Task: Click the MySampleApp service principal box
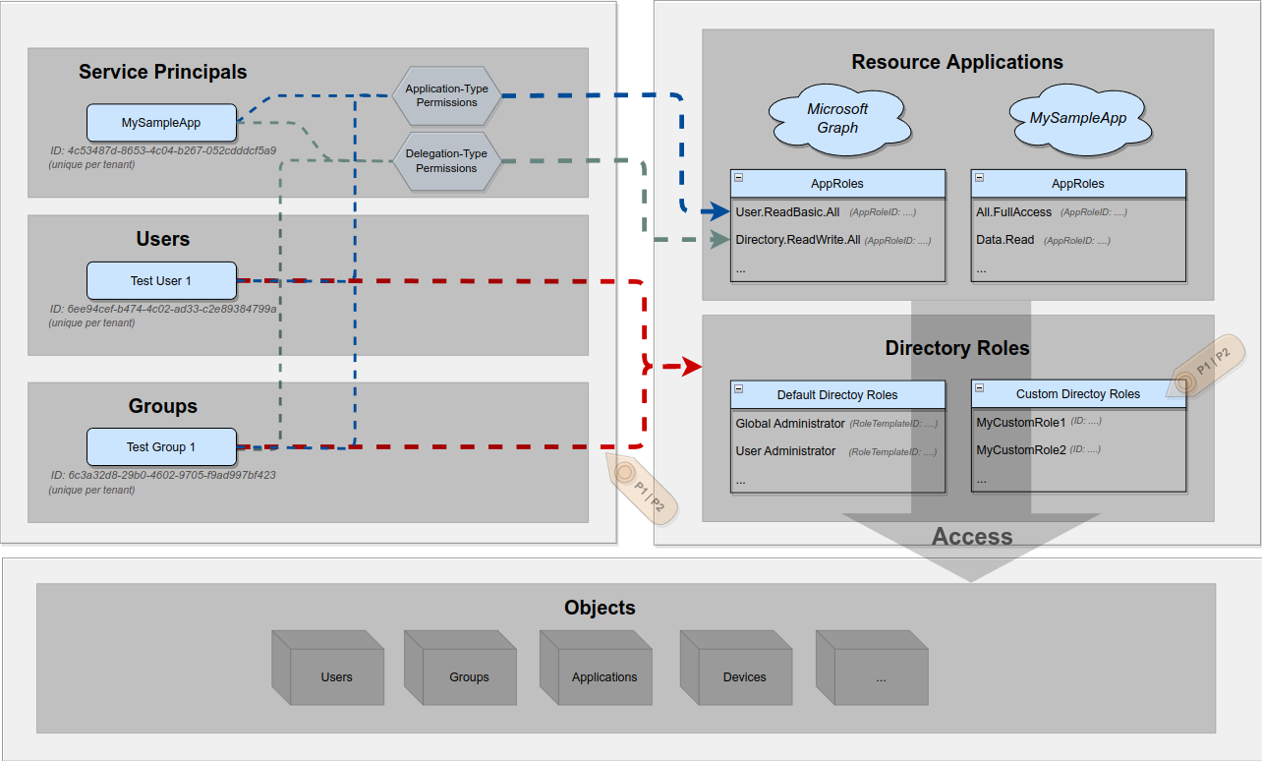pyautogui.click(x=161, y=123)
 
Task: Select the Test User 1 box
pyautogui.click(x=161, y=281)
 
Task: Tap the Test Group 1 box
pyautogui.click(x=161, y=447)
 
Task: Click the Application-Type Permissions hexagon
pyautogui.click(x=446, y=95)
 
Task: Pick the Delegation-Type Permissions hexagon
pyautogui.click(x=446, y=161)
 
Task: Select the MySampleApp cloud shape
pyautogui.click(x=1078, y=118)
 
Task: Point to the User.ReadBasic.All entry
pyautogui.click(x=786, y=212)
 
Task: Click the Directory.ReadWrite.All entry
pyautogui.click(x=797, y=240)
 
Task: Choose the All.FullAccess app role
pyautogui.click(x=1013, y=212)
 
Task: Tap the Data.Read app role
pyautogui.click(x=1004, y=240)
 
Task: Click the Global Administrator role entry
pyautogui.click(x=789, y=424)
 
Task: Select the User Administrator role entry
pyautogui.click(x=785, y=451)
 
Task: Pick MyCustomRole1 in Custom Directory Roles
pyautogui.click(x=1020, y=423)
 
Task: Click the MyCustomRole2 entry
pyautogui.click(x=1020, y=450)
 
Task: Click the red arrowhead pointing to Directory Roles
pyautogui.click(x=692, y=367)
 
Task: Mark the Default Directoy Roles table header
pyautogui.click(x=837, y=394)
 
